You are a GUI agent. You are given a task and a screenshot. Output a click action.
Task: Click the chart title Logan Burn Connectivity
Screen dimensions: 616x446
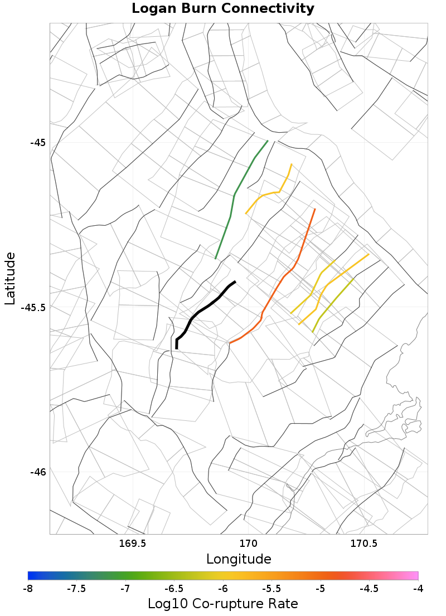click(x=223, y=9)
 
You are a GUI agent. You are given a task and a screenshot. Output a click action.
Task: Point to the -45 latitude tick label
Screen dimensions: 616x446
click(x=38, y=142)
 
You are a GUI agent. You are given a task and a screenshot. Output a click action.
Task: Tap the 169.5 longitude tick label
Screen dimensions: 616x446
click(x=133, y=543)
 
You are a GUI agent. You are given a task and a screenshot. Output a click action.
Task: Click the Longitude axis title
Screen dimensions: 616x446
click(x=239, y=559)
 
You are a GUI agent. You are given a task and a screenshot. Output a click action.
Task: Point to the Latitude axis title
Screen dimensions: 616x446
click(x=10, y=278)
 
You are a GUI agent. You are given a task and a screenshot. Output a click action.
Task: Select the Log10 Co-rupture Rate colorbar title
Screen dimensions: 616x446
click(x=223, y=603)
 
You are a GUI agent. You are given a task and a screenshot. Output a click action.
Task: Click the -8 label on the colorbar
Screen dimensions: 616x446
click(x=28, y=589)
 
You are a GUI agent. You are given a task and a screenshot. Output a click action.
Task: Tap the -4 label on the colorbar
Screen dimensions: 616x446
click(x=418, y=589)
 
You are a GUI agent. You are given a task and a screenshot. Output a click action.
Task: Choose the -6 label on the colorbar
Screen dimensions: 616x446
click(x=223, y=589)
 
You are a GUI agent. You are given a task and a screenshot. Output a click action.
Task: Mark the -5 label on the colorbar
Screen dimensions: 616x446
click(x=321, y=589)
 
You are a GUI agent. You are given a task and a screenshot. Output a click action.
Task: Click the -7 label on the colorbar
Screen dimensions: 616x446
click(x=125, y=589)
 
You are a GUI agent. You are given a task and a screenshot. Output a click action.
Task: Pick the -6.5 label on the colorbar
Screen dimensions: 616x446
click(x=174, y=589)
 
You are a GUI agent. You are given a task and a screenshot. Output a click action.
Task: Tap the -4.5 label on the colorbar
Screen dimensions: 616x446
click(x=369, y=589)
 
